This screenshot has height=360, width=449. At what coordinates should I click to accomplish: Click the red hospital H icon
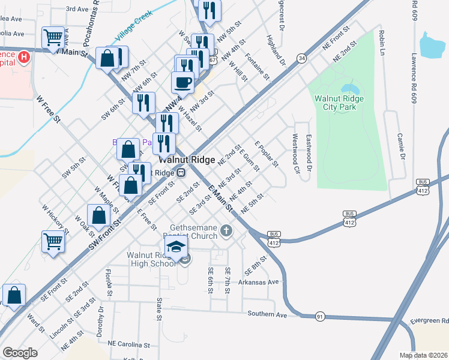[x=24, y=57]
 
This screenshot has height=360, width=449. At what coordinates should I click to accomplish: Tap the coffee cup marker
[x=182, y=82]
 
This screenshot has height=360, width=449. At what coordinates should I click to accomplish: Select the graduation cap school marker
[x=176, y=246]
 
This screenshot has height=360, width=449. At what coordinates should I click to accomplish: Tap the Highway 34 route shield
[x=301, y=58]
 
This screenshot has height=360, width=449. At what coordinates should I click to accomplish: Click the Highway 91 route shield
[x=320, y=316]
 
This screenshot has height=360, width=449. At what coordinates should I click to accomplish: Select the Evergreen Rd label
[x=429, y=322]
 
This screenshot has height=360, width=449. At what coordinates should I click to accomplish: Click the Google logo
[x=20, y=353]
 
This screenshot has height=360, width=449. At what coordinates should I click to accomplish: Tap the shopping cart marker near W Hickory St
[x=53, y=242]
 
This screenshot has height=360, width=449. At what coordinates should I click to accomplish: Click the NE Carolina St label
[x=128, y=345]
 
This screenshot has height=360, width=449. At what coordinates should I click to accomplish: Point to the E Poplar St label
[x=266, y=154]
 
